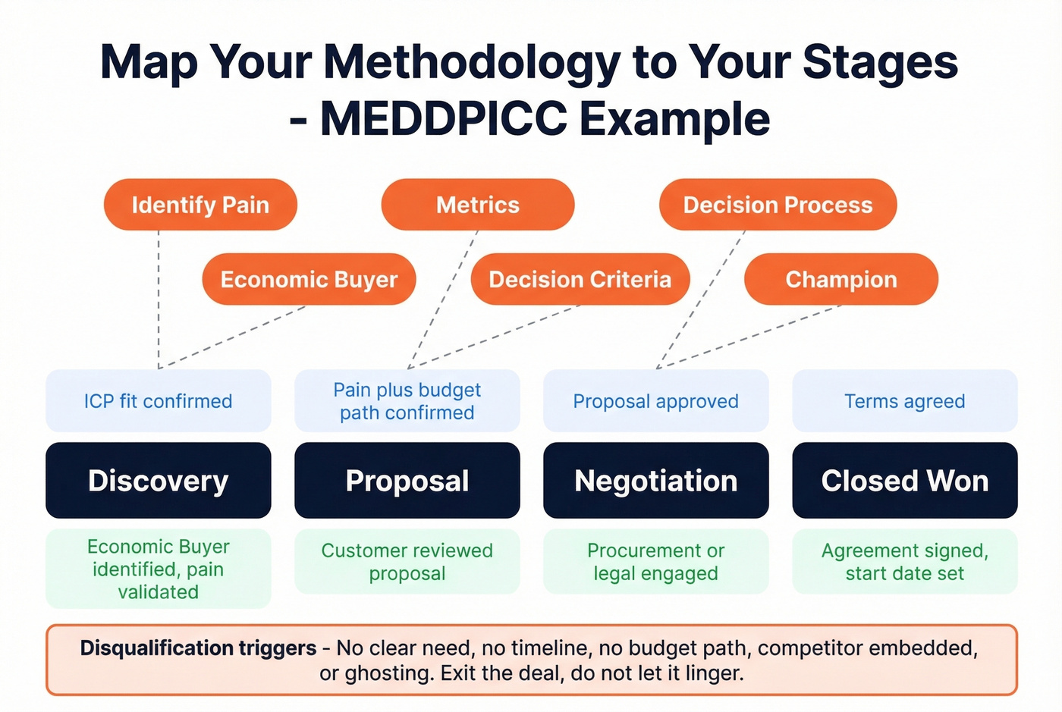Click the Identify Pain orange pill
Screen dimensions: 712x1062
[200, 205]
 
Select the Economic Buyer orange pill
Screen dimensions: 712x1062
[309, 280]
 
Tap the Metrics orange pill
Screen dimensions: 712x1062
[478, 205]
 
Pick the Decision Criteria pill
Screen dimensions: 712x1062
[580, 280]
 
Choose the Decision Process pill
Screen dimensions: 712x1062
[778, 205]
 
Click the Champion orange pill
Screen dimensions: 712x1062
[841, 280]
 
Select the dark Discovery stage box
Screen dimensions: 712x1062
[159, 481]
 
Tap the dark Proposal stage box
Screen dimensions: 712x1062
[407, 481]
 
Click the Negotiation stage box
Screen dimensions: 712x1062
[656, 481]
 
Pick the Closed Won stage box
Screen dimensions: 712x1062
[905, 481]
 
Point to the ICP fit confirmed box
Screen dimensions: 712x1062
[159, 401]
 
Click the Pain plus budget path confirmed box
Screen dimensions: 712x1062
[407, 401]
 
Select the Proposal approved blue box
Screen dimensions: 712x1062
[656, 401]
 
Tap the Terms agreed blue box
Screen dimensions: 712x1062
[905, 401]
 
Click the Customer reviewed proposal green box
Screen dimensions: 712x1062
[407, 562]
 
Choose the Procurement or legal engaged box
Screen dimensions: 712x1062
[656, 562]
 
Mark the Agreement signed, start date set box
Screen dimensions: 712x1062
[905, 562]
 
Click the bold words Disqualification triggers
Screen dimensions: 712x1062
[198, 648]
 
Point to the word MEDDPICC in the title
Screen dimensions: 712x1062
[444, 119]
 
